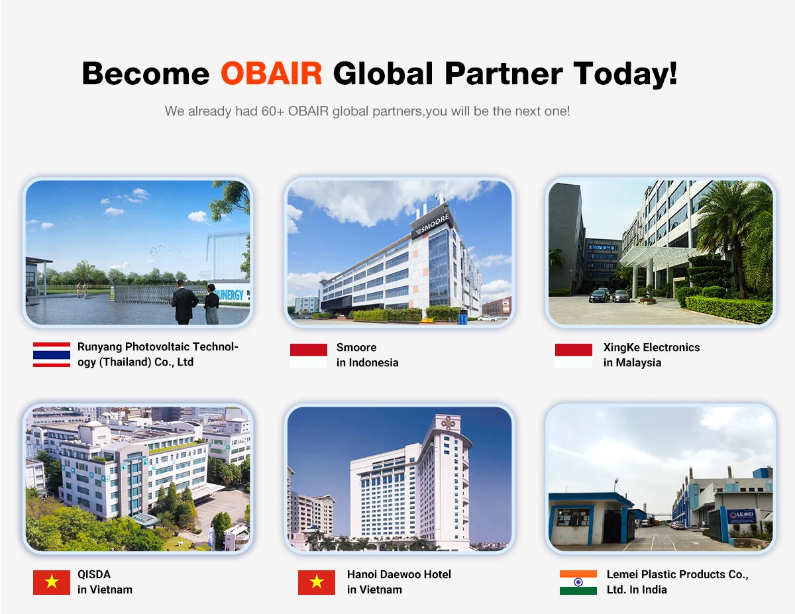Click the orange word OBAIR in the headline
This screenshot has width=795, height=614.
pos(271,73)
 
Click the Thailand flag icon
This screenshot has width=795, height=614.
pos(52,354)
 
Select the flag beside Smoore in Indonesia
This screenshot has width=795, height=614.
pos(309,356)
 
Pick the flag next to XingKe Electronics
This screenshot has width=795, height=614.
pos(573,356)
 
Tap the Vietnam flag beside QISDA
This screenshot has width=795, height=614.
pos(52,582)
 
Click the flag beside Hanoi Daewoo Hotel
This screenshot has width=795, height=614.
pos(317,582)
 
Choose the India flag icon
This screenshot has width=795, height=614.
pos(578,582)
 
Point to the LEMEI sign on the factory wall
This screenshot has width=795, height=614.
pos(741,515)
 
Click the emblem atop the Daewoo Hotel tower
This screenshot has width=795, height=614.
pos(448,423)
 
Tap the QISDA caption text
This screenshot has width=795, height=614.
pos(94,574)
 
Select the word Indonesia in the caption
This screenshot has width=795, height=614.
pos(374,362)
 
